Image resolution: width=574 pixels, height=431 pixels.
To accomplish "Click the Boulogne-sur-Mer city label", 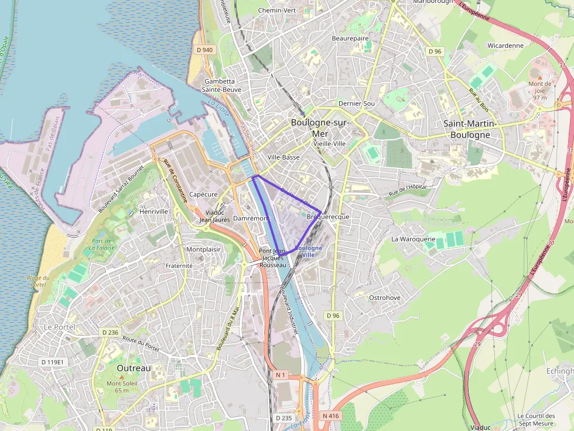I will (320, 127).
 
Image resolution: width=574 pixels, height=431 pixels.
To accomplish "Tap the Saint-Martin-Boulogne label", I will (470, 129).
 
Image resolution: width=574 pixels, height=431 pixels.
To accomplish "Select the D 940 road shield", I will (205, 50).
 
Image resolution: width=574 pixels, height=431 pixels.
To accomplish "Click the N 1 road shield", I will (281, 374).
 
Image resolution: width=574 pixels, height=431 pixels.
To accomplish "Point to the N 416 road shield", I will (330, 416).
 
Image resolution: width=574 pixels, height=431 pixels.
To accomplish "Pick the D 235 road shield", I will (283, 418).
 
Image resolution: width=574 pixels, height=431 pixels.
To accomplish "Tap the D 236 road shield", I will (110, 332).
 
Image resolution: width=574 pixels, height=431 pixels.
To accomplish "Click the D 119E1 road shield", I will (52, 362).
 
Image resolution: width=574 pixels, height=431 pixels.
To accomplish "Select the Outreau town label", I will (134, 368).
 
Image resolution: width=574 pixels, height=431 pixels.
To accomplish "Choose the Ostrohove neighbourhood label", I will (385, 298).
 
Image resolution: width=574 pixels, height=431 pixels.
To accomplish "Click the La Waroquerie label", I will (413, 239).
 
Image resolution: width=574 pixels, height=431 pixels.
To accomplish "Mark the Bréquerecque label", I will (327, 217).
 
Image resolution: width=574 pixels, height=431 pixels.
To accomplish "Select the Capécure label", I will (204, 194).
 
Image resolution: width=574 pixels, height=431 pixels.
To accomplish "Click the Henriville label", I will (155, 211).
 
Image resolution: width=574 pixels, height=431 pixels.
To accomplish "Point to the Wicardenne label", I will (505, 45).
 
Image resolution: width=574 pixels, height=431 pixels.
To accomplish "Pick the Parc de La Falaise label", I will (102, 244).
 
